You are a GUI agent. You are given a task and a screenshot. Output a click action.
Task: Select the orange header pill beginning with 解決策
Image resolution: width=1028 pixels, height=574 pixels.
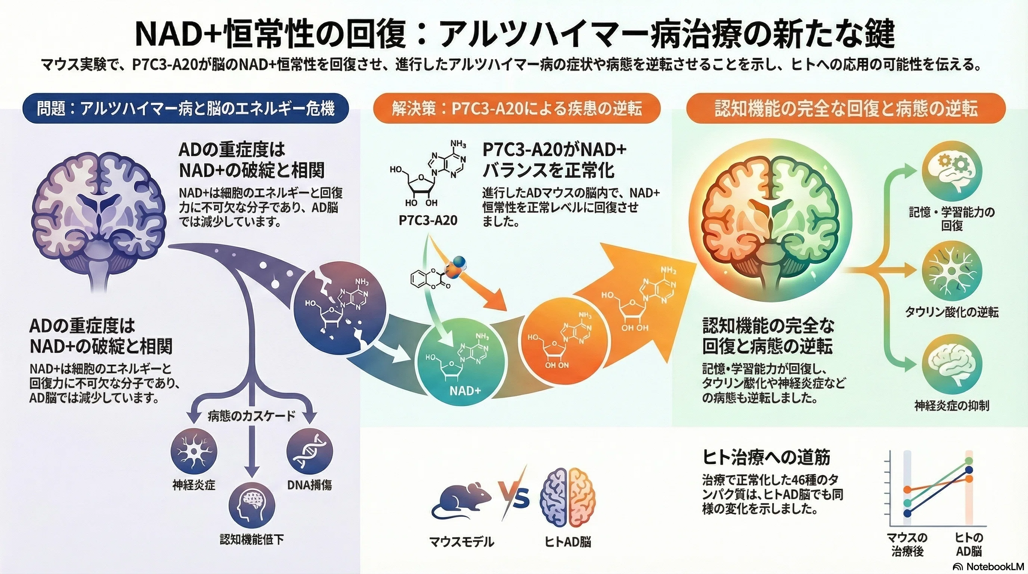coord(517,108)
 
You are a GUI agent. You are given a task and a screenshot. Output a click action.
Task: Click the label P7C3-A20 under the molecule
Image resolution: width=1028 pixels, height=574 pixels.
coord(428,220)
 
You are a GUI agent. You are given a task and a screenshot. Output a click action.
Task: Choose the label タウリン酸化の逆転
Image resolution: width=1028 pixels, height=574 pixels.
coord(952,312)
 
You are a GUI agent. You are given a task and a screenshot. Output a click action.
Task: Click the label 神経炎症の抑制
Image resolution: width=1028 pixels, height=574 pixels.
coord(952,406)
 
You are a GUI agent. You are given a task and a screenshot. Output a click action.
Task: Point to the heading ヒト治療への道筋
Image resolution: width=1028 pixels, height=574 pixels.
coord(766,457)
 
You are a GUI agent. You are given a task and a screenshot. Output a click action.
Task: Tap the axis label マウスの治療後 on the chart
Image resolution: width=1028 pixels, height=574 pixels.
coord(907,544)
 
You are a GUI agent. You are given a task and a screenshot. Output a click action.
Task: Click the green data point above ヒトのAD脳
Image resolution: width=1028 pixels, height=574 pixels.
coord(969,461)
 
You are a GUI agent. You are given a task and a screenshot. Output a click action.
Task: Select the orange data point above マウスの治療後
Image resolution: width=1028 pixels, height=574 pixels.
coord(907,490)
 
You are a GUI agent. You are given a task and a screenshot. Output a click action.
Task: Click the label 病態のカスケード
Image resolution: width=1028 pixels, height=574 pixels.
coord(252,416)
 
